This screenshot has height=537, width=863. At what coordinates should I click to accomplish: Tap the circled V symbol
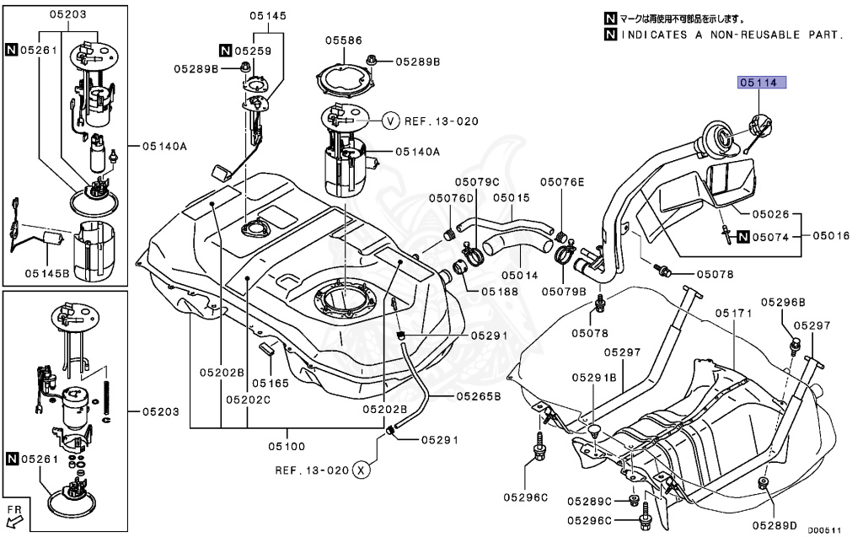390,121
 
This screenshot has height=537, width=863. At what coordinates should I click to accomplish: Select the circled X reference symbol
362,470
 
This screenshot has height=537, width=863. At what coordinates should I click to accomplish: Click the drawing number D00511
825,530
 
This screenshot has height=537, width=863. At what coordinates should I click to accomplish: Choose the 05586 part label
343,39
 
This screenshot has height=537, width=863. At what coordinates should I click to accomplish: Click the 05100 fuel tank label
286,445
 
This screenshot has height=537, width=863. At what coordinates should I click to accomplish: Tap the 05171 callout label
732,313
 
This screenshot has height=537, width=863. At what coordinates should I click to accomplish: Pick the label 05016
831,237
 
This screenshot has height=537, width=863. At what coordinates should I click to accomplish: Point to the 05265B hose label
479,395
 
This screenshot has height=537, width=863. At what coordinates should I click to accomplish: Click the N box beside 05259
226,51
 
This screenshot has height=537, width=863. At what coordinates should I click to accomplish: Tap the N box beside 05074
743,237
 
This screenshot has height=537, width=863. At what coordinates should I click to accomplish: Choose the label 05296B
783,301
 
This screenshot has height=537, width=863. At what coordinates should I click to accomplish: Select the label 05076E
562,181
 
